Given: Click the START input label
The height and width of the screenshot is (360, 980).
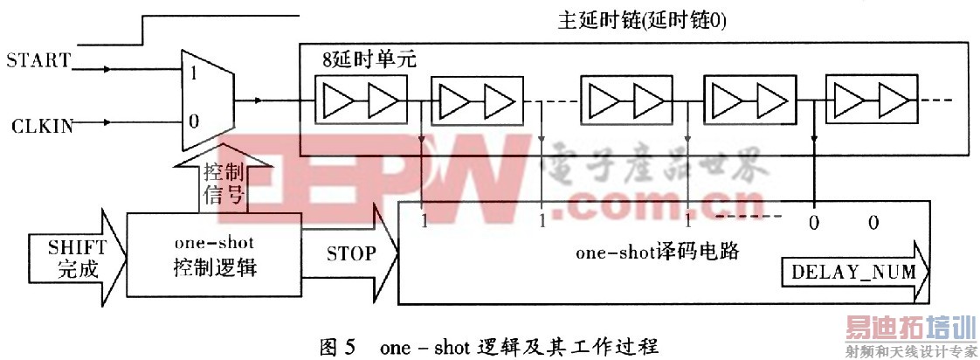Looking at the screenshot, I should tap(37, 60).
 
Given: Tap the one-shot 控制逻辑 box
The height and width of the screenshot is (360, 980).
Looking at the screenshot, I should tap(215, 258).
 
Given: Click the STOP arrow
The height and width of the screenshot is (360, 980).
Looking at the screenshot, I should tap(350, 254).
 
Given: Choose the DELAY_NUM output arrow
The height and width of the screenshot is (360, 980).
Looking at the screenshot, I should tap(852, 272).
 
